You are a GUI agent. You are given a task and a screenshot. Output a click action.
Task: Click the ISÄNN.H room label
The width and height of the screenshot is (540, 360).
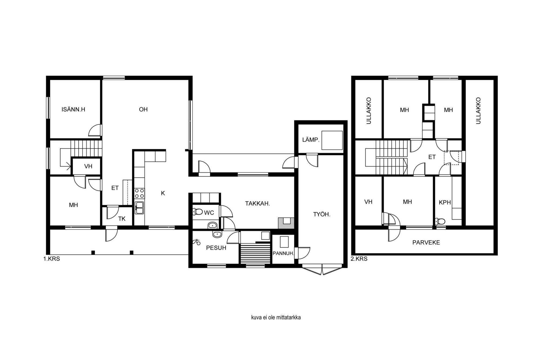click(x=73, y=109)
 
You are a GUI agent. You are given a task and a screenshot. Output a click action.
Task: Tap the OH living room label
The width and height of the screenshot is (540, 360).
click(x=143, y=109)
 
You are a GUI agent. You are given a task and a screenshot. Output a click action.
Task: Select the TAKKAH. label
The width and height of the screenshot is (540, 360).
click(x=258, y=204)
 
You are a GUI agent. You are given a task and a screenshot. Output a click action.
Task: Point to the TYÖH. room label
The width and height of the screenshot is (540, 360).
click(x=322, y=214)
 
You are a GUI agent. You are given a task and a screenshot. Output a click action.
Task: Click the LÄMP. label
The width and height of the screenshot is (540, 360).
click(x=311, y=140)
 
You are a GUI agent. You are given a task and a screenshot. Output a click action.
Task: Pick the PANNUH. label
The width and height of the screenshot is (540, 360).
click(x=283, y=254)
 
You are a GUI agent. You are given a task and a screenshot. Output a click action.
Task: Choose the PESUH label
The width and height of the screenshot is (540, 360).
click(x=216, y=248)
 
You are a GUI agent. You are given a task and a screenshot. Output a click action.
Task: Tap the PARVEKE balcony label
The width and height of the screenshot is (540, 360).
click(x=426, y=243)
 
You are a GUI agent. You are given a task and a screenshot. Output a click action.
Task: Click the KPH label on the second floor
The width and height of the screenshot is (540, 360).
click(x=445, y=202)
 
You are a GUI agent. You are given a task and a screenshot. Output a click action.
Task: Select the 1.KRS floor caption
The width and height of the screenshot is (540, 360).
click(x=52, y=259)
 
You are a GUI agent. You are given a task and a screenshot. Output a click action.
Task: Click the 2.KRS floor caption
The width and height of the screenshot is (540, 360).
click(x=359, y=259)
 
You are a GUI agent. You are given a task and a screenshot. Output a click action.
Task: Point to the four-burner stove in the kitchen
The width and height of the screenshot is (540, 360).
click(x=139, y=194)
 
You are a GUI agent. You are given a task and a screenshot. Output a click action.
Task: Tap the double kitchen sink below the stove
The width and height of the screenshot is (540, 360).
click(x=139, y=208)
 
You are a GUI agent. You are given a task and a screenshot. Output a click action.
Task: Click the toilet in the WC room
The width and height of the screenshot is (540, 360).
click(x=198, y=212)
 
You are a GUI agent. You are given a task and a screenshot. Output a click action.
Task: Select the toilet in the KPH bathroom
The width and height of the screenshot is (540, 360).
click(x=440, y=221)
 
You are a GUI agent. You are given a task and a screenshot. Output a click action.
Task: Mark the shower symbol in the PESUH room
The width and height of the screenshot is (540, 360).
click(x=197, y=242)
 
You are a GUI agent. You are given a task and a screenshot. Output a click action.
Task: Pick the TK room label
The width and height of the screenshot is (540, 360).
click(x=122, y=219)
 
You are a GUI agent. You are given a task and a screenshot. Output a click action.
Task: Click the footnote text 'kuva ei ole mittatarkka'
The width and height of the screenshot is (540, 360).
click(x=276, y=317)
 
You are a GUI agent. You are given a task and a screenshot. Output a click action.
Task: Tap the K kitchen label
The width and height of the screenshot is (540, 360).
click(x=163, y=193)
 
